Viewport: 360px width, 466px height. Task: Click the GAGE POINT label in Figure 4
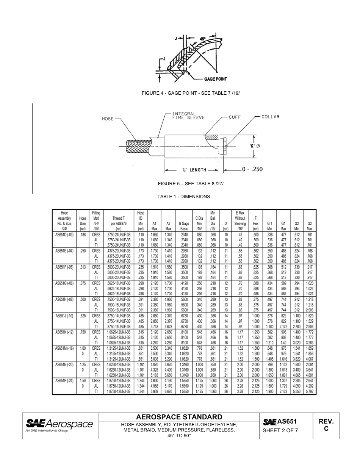tap(215, 79)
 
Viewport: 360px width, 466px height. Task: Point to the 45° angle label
tap(203, 39)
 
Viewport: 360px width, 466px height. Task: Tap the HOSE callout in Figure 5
tap(108, 119)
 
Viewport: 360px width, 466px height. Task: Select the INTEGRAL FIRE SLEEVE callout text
tap(188, 116)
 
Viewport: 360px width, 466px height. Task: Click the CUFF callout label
tap(235, 117)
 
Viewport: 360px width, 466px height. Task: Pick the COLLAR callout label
tap(271, 117)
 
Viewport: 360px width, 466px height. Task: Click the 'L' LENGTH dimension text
tap(194, 170)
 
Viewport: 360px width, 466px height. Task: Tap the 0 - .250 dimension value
tap(252, 169)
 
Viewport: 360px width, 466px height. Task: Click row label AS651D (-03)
tap(64, 235)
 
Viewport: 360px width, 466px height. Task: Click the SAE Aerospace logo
tap(59, 425)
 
